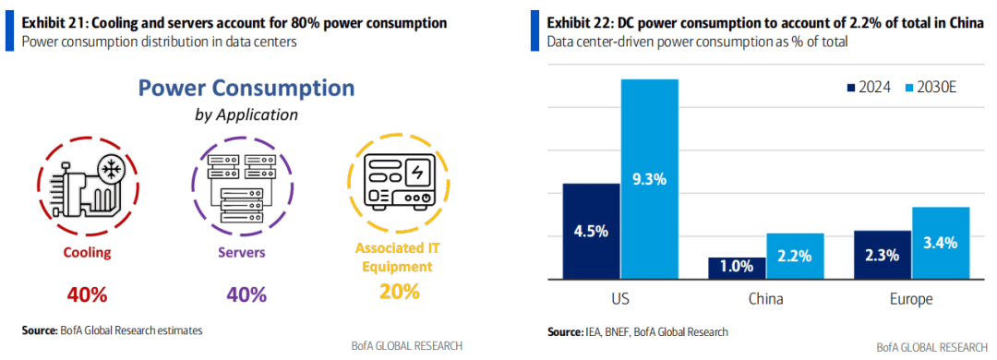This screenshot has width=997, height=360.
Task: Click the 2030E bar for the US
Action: [x=649, y=179]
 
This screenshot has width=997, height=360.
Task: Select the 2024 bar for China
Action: [x=737, y=268]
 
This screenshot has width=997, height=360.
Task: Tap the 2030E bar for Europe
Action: [x=941, y=243]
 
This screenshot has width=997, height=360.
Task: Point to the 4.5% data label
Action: [x=592, y=231]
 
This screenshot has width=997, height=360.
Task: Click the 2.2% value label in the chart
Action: [x=795, y=257]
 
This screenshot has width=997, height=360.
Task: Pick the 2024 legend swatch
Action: [x=850, y=87]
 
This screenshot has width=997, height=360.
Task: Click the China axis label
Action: [x=765, y=299]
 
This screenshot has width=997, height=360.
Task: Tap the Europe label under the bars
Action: [x=912, y=299]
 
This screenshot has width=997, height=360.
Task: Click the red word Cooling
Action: [x=87, y=253]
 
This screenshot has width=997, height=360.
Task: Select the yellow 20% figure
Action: [x=400, y=292]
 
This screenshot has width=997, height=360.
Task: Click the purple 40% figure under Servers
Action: [x=246, y=295]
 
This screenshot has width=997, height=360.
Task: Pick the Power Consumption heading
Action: [x=246, y=88]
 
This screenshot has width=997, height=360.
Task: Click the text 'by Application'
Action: [x=246, y=115]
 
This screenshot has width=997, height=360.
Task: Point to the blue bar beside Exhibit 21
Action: [x=9, y=31]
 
